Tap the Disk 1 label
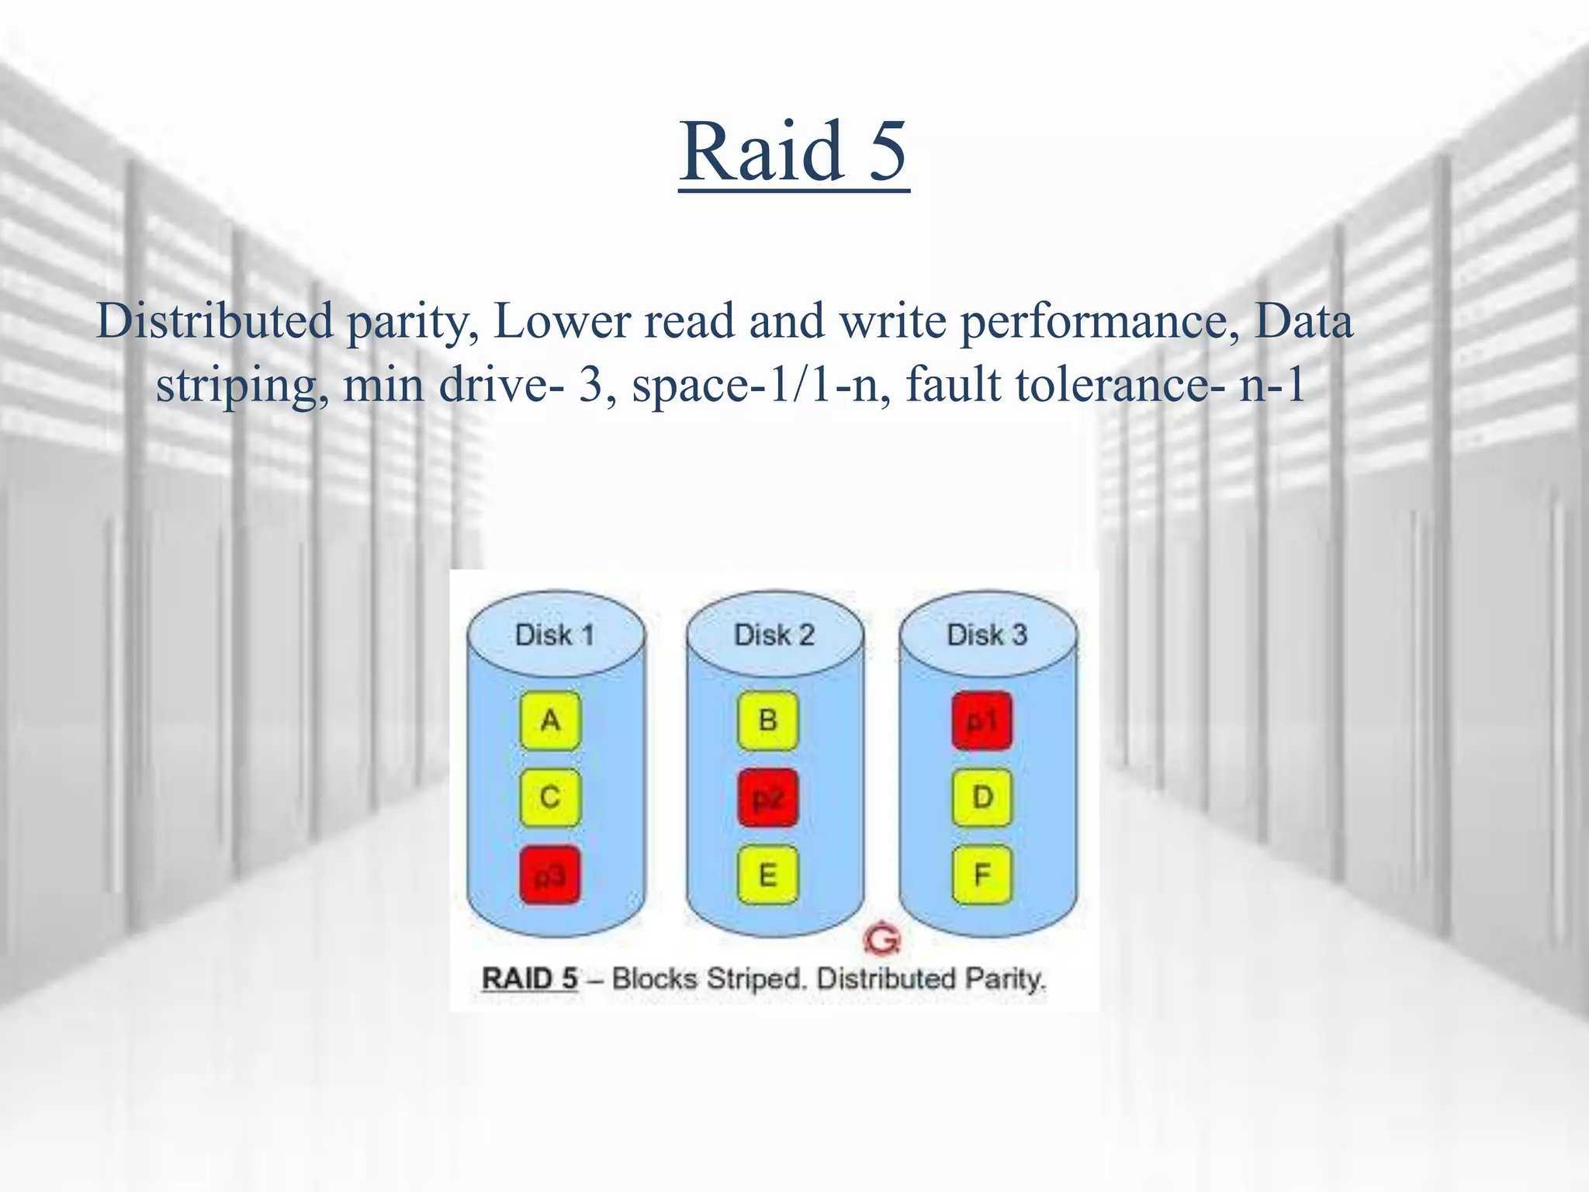(555, 635)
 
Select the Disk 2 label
(774, 635)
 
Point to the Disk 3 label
(987, 635)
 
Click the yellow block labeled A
(550, 721)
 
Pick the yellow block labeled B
(767, 721)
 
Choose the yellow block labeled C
(550, 798)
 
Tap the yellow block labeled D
(981, 798)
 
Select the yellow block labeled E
(767, 875)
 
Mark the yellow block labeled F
(981, 875)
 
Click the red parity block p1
(981, 721)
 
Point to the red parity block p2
(767, 798)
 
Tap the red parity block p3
(550, 875)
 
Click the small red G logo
(882, 939)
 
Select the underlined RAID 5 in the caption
(530, 979)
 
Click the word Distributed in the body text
(214, 321)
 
